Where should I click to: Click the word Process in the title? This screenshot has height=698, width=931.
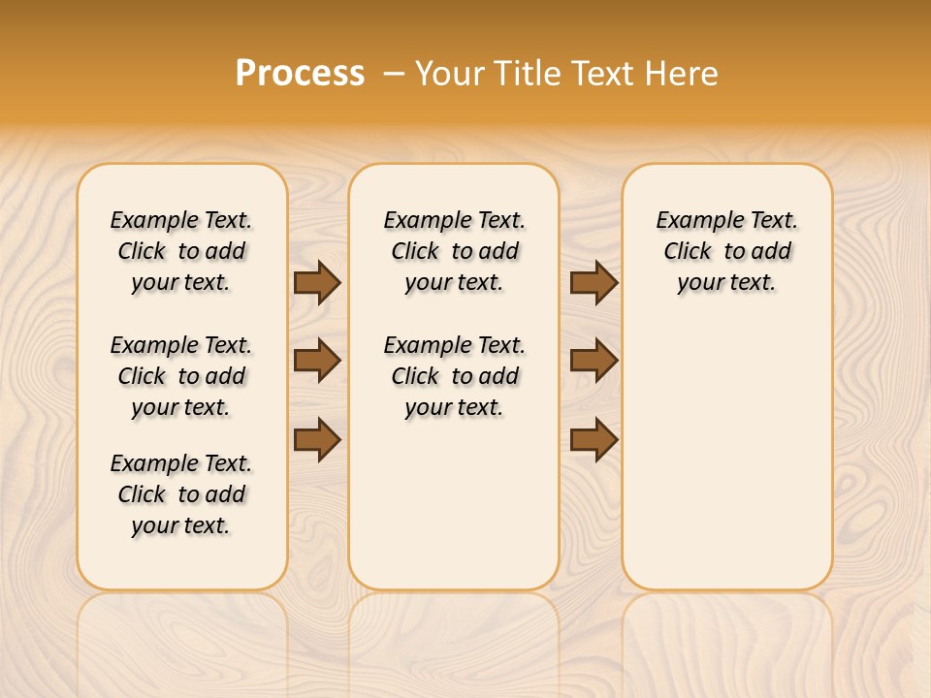[x=300, y=74]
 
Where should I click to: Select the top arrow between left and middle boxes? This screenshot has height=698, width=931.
[x=317, y=283]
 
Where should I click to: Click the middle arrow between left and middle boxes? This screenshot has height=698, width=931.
[x=317, y=361]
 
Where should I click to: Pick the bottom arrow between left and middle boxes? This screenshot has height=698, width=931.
[x=317, y=440]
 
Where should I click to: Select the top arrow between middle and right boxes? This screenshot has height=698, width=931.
[x=594, y=283]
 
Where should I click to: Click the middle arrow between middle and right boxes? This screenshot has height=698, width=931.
[x=594, y=361]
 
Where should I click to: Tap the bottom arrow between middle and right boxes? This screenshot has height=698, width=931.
[x=594, y=440]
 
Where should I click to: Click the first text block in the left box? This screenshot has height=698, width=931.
[x=181, y=251]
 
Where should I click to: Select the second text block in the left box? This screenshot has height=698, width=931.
[x=181, y=376]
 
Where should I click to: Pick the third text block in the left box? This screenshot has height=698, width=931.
[x=181, y=494]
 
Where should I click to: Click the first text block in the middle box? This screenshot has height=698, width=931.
[x=454, y=251]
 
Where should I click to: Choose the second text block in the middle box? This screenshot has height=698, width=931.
[x=454, y=376]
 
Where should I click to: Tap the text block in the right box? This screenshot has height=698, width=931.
[x=726, y=251]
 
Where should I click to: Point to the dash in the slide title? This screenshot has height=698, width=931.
[x=394, y=74]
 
